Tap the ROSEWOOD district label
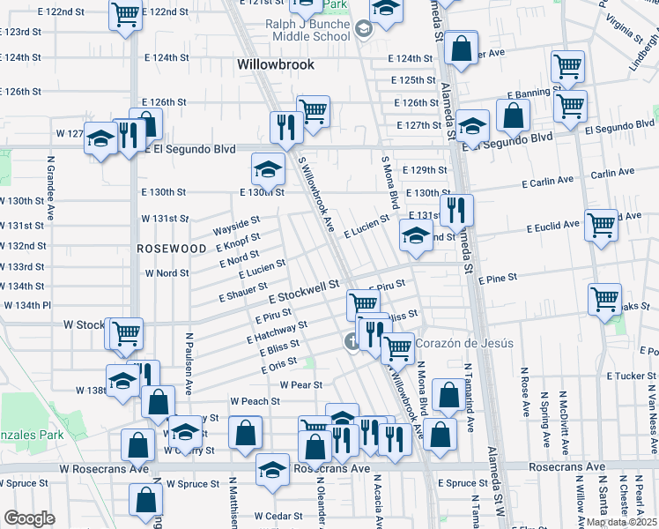(x=171, y=250)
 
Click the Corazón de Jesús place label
(x=456, y=343)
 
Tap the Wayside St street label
(x=237, y=226)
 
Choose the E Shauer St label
(x=243, y=293)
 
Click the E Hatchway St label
(x=277, y=332)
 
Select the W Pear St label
(x=301, y=385)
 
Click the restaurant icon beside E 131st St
(x=455, y=210)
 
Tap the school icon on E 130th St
(x=268, y=168)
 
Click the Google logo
(x=29, y=518)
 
